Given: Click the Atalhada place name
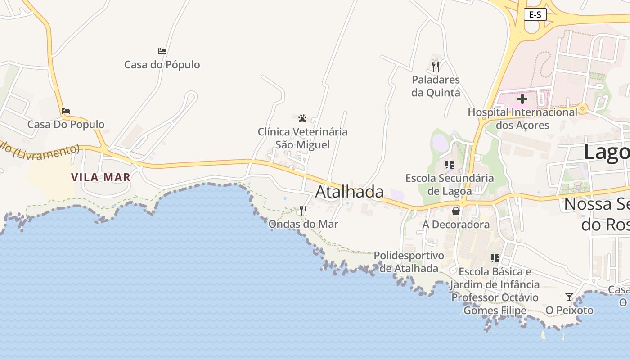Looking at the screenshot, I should [x=349, y=192].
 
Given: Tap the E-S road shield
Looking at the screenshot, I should [x=535, y=15].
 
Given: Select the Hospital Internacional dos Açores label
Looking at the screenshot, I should [x=522, y=118].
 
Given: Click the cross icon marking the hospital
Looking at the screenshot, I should [x=522, y=99].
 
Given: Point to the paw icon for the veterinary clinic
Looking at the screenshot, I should [x=302, y=118].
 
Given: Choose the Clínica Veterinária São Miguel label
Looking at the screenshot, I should [x=302, y=138].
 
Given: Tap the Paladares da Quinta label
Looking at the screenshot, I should [x=436, y=86].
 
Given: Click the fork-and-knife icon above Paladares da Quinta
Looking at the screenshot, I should [x=435, y=67].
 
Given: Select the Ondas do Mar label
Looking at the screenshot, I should [x=303, y=224].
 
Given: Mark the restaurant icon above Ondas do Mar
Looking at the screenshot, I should [x=303, y=210].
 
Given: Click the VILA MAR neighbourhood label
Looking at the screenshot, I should [x=101, y=177].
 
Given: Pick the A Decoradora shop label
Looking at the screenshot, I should [x=456, y=224].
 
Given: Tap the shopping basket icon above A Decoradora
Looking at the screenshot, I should [x=456, y=211].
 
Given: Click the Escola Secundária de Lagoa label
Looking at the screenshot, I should [x=450, y=184].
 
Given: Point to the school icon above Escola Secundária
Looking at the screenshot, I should [x=450, y=165].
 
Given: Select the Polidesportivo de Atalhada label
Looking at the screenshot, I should [x=409, y=262].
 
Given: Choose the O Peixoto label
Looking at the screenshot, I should [x=569, y=310].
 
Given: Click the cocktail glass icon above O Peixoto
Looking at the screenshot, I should [x=569, y=297].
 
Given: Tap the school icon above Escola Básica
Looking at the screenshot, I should [x=495, y=258].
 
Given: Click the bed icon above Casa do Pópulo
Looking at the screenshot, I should [x=162, y=51].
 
